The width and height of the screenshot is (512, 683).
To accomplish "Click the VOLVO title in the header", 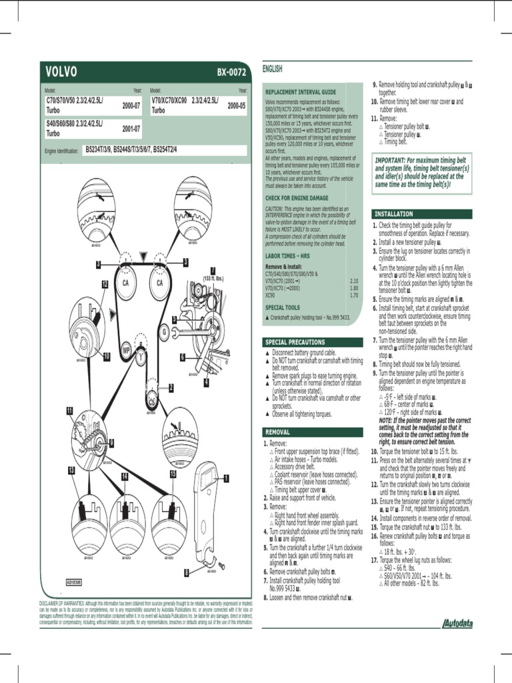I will tap(61, 72).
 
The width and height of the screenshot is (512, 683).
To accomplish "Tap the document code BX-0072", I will tap(231, 72).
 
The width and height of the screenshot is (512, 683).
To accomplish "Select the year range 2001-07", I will tap(131, 129).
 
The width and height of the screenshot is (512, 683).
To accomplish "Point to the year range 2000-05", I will tap(237, 105).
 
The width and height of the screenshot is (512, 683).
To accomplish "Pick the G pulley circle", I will tap(163, 331).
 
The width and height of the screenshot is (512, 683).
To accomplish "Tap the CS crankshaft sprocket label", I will tap(153, 402).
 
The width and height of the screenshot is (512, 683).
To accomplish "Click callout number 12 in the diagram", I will tap(105, 284).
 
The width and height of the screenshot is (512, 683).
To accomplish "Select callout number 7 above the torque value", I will tap(213, 269).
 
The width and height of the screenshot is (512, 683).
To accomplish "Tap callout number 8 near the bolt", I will tap(187, 572).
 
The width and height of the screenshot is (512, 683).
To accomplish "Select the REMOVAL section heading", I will tap(278, 432).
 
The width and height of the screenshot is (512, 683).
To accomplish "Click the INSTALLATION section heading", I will tap(394, 214).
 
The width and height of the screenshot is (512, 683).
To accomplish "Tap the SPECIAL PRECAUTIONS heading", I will tap(295, 342).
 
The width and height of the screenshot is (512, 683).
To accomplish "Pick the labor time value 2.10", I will tap(354, 281).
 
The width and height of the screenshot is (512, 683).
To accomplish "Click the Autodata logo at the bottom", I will tap(455, 624).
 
